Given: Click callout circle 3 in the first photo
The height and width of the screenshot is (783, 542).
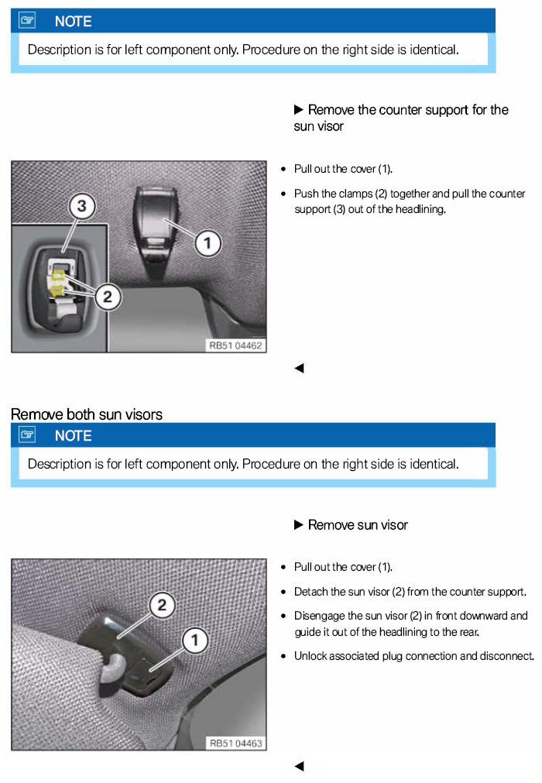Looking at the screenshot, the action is click(82, 206).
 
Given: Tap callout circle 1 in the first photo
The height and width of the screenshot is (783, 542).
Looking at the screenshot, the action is click(208, 243).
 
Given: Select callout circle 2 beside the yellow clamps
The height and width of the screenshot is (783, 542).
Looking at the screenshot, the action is click(108, 297).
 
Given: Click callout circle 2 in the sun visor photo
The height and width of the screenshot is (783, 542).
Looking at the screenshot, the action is click(162, 605).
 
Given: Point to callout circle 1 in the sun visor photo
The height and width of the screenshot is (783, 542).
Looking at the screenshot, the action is click(194, 640).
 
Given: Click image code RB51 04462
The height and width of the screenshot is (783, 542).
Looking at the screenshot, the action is click(235, 345).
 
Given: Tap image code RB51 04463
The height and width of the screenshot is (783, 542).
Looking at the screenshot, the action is click(235, 744).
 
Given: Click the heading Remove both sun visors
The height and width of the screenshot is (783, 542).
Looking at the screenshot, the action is click(87, 414).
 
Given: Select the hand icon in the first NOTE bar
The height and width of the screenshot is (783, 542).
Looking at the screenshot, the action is click(27, 20).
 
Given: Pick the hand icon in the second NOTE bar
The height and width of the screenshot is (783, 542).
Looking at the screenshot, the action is click(27, 435).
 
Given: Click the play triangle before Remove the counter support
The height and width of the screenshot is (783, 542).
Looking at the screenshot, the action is click(298, 109).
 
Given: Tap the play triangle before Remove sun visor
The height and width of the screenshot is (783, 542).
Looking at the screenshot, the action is click(298, 525).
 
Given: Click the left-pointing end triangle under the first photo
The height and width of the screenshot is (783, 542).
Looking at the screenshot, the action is click(299, 368).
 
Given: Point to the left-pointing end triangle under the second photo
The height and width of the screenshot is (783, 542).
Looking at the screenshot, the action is click(299, 766).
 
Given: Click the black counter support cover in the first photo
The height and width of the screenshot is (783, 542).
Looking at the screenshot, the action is click(154, 220).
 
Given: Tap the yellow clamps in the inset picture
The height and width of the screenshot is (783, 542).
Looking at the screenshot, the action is click(58, 281).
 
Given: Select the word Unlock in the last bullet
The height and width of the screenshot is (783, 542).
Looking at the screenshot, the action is click(310, 656).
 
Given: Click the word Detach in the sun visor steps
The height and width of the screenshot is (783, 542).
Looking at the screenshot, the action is click(310, 592).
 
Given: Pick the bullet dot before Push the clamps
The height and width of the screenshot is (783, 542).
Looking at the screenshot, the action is click(283, 194).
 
